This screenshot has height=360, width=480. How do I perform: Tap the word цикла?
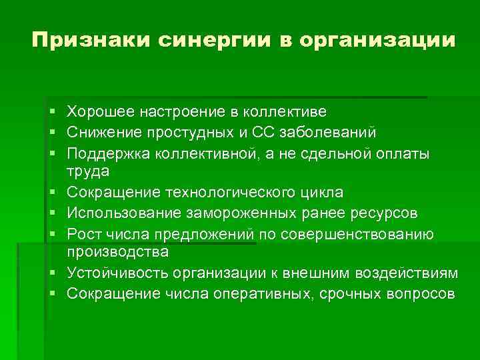coord(320,193)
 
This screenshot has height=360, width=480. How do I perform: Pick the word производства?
coord(117,253)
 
